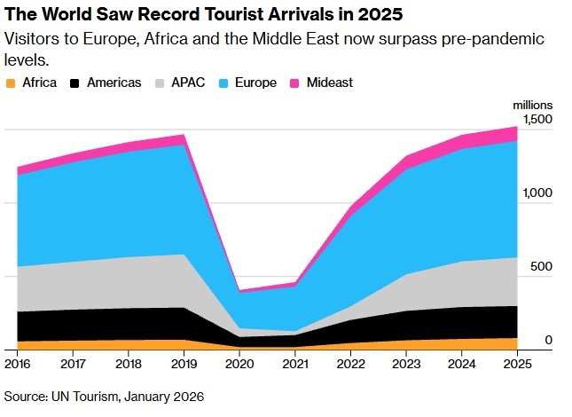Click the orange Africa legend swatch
point(11,83)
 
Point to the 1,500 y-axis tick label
point(537,119)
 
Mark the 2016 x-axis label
point(17,364)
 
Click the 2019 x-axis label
point(183,364)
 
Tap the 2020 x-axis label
point(239,364)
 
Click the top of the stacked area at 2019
point(183,135)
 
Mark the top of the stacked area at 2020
point(239,290)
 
